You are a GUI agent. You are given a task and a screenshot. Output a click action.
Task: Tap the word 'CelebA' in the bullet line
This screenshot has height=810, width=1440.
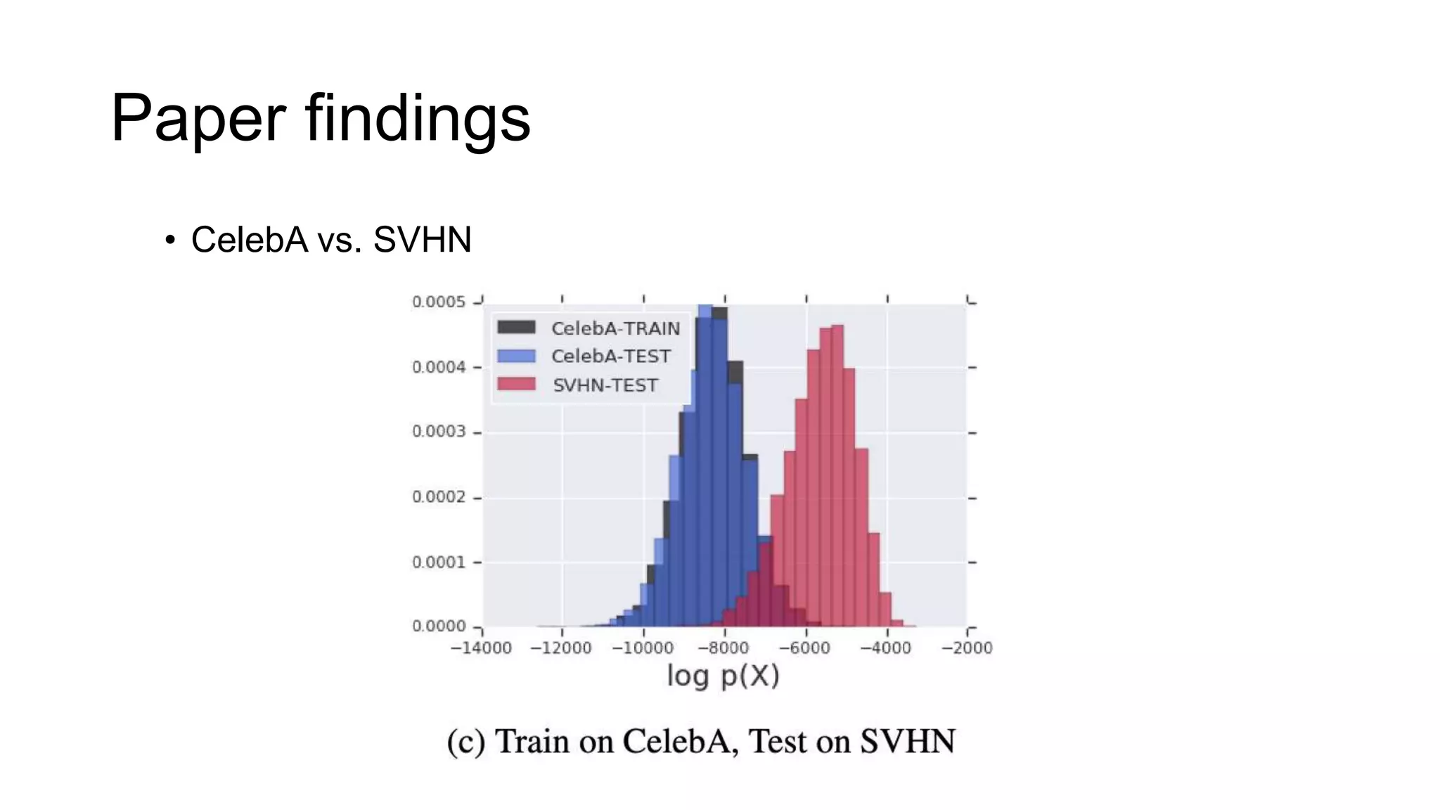250,240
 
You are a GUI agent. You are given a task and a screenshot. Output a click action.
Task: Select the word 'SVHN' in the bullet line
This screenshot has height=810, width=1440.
422,240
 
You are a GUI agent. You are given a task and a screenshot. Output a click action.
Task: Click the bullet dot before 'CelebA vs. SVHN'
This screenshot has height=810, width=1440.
169,240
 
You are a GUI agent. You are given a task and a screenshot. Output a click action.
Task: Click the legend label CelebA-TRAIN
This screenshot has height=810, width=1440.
615,328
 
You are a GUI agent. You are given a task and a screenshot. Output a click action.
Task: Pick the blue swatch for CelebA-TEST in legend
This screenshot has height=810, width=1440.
516,356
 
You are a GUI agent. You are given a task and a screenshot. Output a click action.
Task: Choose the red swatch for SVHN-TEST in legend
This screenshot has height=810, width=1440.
516,385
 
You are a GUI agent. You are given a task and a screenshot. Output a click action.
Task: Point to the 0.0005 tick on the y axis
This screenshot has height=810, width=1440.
439,302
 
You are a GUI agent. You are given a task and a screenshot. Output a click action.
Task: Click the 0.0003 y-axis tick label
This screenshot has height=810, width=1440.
439,432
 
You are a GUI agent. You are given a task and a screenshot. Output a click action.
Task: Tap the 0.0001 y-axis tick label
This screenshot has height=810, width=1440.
439,562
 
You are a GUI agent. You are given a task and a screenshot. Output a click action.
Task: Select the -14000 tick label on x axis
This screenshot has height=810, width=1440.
481,648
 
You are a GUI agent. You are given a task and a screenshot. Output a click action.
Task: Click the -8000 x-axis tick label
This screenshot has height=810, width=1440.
724,648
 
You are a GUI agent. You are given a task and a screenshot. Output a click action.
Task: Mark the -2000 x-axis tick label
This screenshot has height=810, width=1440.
967,648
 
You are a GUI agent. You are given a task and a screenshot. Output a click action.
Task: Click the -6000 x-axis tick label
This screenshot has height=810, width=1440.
805,648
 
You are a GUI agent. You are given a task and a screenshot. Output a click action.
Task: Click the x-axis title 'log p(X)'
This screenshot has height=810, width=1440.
723,676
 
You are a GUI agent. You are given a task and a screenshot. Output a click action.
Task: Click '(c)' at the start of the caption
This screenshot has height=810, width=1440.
465,742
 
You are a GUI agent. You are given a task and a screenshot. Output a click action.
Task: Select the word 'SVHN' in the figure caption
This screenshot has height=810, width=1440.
907,742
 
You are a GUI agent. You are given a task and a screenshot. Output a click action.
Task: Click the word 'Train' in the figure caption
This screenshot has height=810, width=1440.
532,742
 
